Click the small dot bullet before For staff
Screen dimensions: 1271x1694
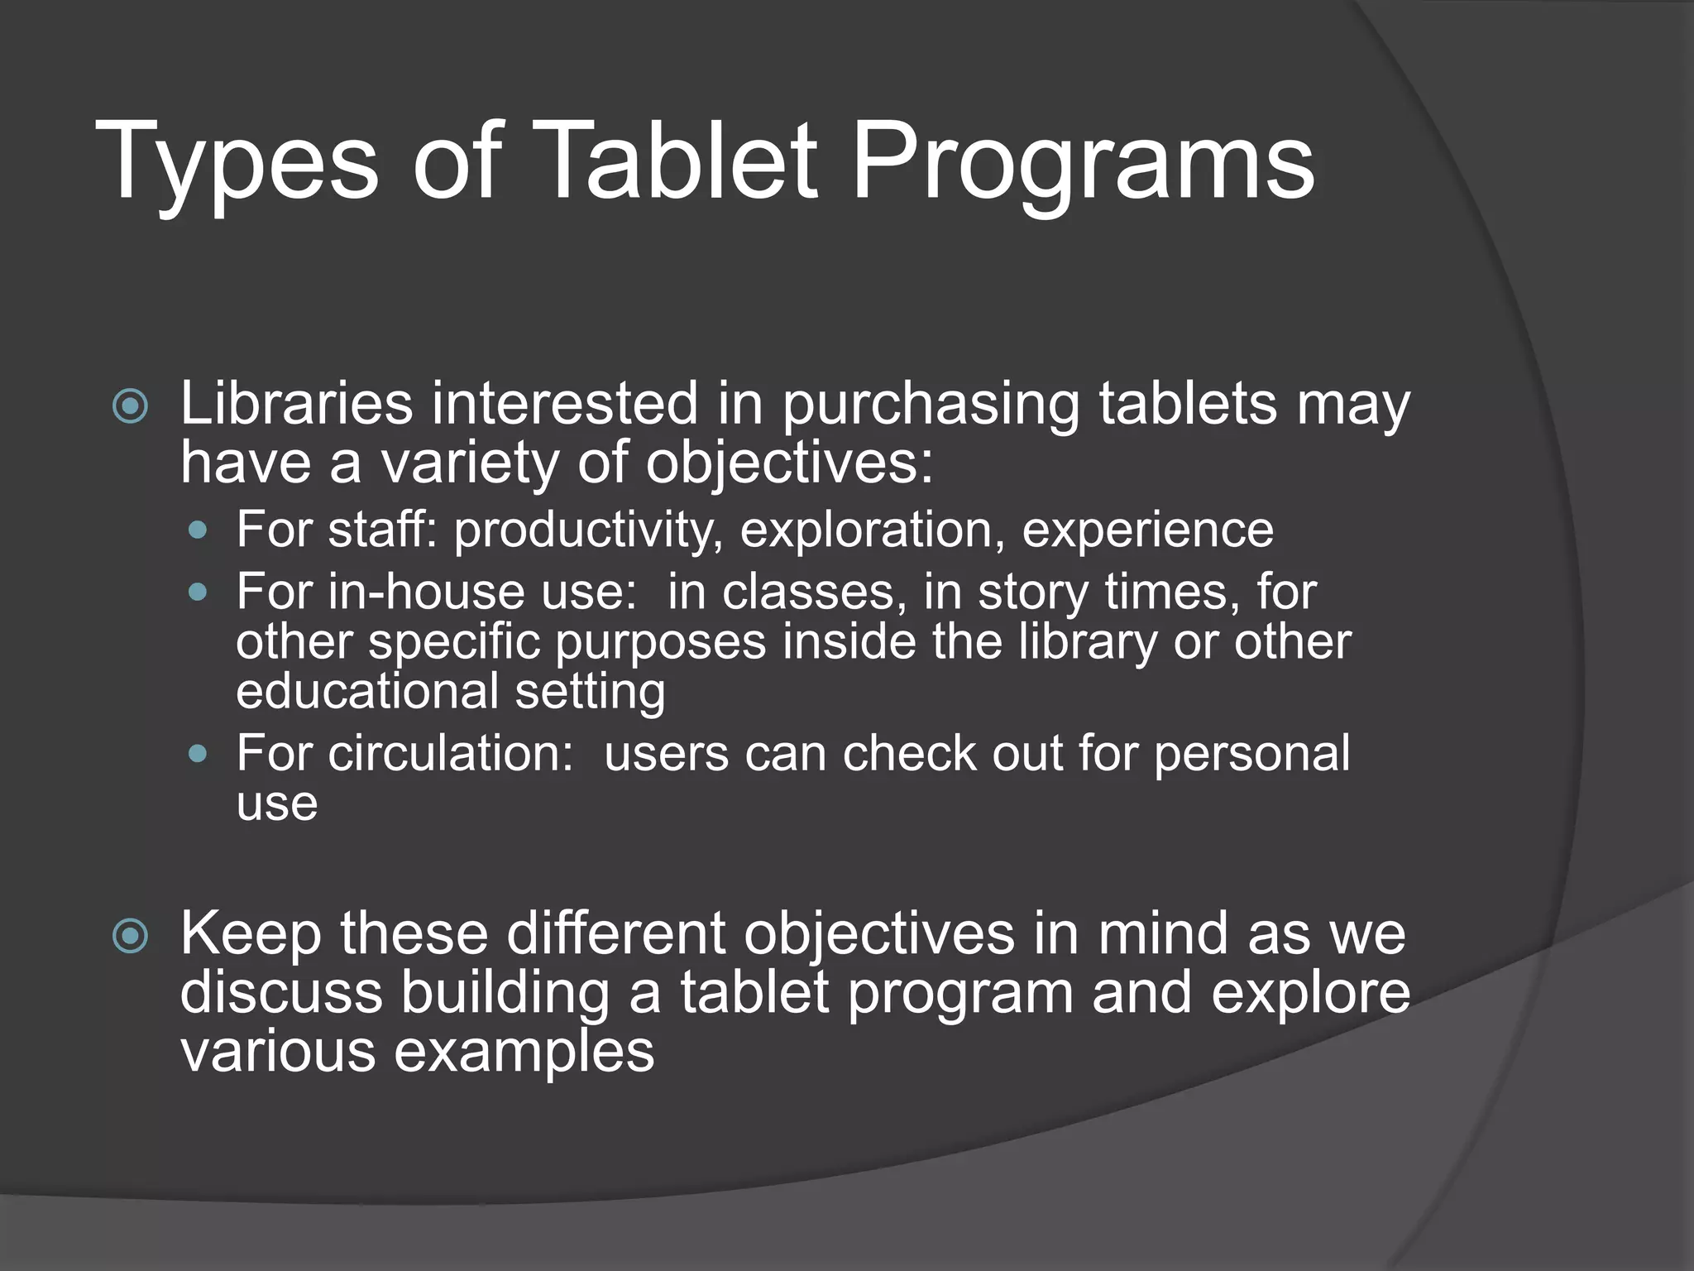(198, 530)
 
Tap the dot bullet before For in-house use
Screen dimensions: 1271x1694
(198, 592)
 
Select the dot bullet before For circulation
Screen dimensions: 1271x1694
(198, 754)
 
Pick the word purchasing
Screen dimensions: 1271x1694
(931, 405)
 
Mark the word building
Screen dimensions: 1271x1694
(505, 993)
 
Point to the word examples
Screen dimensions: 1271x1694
(524, 1053)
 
